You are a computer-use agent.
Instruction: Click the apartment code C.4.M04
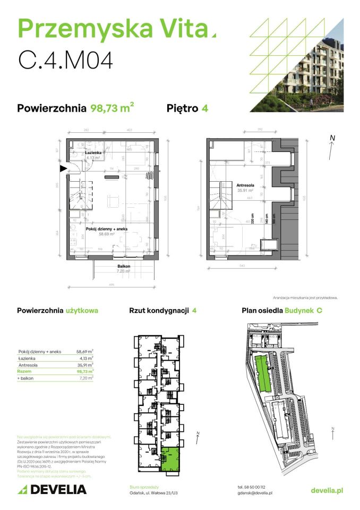(x=66, y=59)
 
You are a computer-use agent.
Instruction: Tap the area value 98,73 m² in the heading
(x=112, y=108)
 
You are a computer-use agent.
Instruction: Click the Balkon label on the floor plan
(x=124, y=267)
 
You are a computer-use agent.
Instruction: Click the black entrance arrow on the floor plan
(x=63, y=168)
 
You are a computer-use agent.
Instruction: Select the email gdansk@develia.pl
(x=255, y=493)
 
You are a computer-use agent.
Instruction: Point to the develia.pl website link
(x=327, y=490)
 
